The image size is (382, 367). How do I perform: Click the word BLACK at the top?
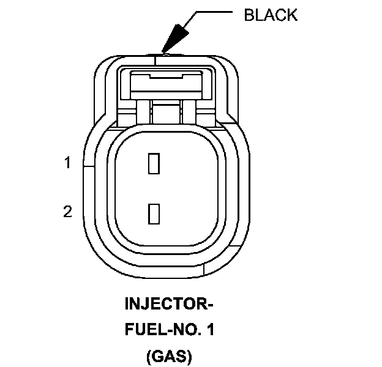(271, 15)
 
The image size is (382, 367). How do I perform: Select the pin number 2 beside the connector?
(68, 212)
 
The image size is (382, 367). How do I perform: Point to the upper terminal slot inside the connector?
(154, 165)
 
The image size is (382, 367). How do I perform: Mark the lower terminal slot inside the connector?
(154, 214)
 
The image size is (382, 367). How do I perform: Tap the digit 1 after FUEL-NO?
(211, 330)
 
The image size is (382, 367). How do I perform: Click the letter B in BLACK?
(248, 15)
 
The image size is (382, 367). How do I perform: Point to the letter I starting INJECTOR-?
(127, 304)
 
